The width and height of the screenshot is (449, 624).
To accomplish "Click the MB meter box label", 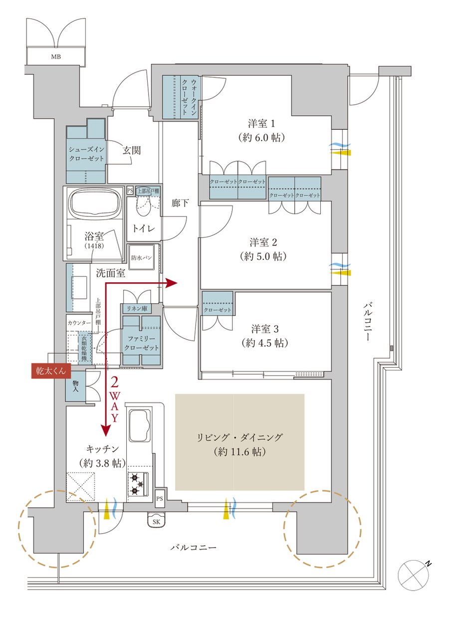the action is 56,57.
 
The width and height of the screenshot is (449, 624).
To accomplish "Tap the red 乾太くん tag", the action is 51,371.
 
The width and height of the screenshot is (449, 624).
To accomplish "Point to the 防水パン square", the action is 142,257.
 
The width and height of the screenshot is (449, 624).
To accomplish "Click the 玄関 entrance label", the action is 132,151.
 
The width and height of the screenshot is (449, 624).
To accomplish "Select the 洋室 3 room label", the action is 265,329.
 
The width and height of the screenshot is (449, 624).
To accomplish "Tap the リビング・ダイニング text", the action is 240,437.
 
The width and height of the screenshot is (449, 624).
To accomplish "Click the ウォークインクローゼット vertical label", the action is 189,97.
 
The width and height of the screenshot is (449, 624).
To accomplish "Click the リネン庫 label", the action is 137,309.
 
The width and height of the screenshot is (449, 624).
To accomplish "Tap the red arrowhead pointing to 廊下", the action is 172,284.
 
